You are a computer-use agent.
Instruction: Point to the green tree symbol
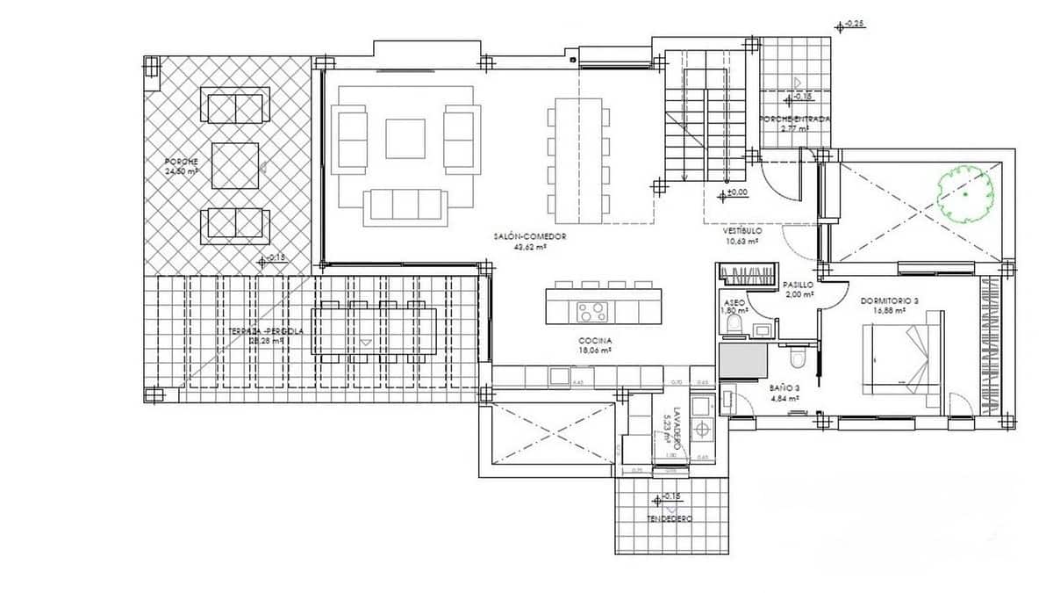tap(964, 194)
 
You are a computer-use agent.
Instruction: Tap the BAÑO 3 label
tap(784, 387)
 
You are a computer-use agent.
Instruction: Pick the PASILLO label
tap(798, 285)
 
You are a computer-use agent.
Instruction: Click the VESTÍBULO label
tap(741, 230)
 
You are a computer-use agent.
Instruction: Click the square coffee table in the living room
tap(405, 139)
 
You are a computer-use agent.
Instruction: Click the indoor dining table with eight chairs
tap(578, 160)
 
